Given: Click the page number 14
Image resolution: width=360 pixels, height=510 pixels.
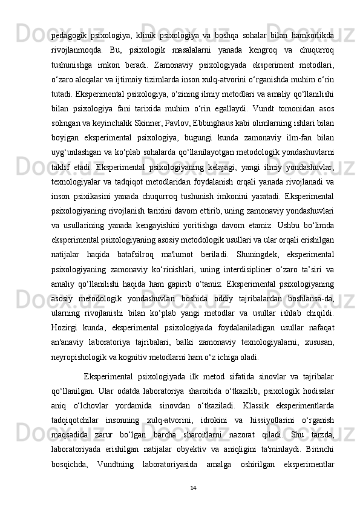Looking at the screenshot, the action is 193,505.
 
